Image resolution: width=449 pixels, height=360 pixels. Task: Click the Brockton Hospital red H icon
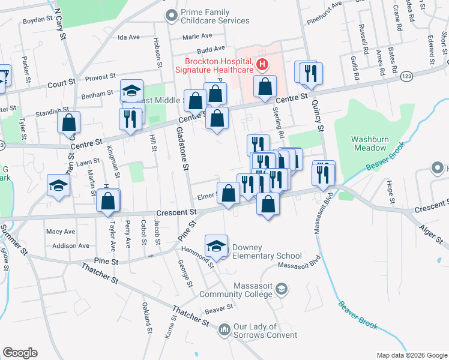click(262, 64)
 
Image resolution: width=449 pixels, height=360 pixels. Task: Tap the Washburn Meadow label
click(370, 143)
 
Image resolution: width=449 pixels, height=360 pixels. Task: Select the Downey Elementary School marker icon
click(217, 246)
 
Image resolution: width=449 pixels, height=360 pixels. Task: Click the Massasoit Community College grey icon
click(281, 290)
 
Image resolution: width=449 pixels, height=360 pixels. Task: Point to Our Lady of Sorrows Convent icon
click(224, 329)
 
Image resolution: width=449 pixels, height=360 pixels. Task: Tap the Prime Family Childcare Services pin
click(172, 13)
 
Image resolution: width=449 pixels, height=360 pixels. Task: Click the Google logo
click(20, 352)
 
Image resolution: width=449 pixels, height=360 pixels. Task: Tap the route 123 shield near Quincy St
click(406, 77)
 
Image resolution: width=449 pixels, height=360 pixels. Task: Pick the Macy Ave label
click(61, 232)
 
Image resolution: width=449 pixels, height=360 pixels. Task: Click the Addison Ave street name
click(70, 245)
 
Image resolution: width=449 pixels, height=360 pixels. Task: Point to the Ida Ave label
click(128, 37)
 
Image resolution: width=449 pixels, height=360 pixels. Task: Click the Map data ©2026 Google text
click(411, 355)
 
